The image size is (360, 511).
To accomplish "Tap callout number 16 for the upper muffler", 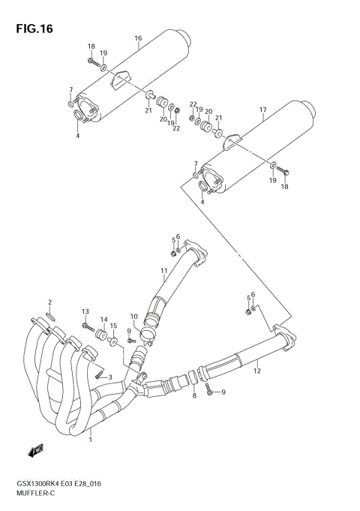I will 138,38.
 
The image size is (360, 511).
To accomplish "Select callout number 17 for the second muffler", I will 263,110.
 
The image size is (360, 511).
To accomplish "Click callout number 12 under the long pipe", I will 256,370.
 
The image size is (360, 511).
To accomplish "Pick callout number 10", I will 134,316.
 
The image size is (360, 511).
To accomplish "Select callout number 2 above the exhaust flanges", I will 49,302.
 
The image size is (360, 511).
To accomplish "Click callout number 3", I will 110,377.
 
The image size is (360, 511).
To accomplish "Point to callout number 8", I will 194,395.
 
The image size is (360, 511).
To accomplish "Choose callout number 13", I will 85,311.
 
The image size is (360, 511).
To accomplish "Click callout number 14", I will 104,320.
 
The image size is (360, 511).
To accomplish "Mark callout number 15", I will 114,326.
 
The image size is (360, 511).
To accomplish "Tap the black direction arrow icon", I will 36,451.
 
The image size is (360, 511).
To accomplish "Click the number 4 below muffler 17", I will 202,202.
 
